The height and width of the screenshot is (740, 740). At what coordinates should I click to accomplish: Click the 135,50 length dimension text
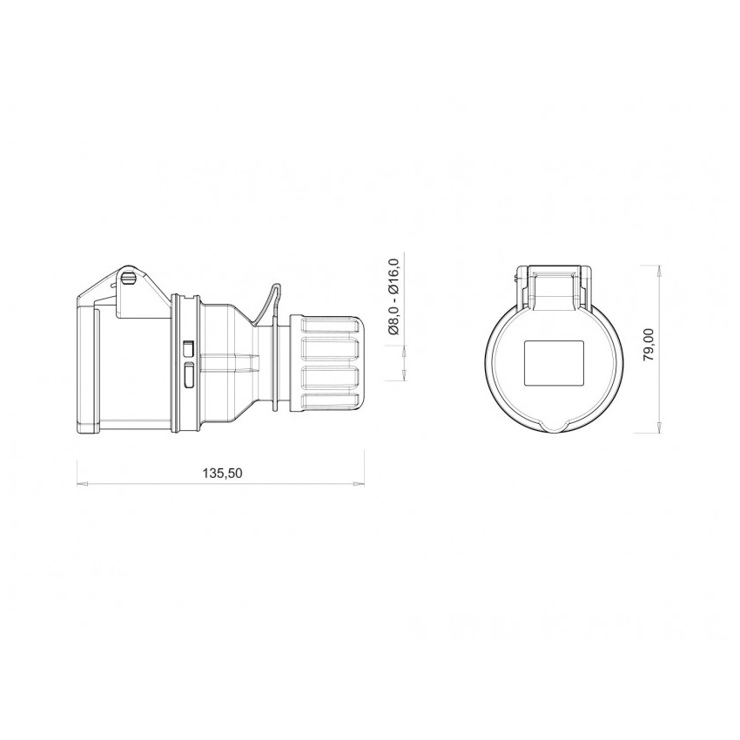point(222,473)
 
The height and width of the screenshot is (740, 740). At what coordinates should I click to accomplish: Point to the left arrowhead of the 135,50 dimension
point(83,483)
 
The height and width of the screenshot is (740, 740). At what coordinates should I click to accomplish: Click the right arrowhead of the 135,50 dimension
point(359,483)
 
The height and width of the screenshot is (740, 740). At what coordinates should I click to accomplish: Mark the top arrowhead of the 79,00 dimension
point(659,271)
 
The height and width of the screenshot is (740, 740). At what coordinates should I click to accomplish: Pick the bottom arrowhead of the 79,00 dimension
point(659,427)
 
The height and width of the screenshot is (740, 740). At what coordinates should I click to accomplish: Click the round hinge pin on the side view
point(128,278)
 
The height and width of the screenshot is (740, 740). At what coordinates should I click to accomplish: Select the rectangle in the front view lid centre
point(554,363)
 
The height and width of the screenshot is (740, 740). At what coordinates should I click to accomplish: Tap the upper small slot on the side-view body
point(188,348)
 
